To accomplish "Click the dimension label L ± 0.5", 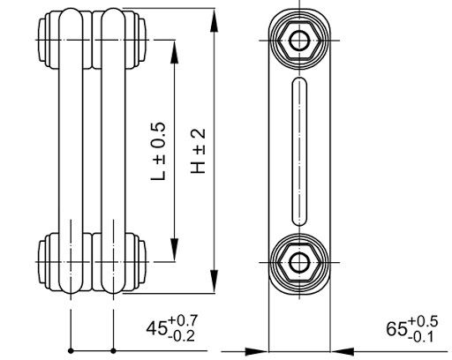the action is coord(158,151).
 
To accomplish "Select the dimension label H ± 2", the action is coord(198,151).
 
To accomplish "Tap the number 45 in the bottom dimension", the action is coord(156,328).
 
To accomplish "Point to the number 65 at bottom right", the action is coord(396,329).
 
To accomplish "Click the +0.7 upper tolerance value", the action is coord(183,321).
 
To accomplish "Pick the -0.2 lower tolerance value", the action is coord(182,336).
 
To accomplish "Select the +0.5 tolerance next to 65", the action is coord(423,321).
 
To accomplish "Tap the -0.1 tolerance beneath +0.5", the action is coord(421,337).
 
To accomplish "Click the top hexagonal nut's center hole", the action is coord(299,41).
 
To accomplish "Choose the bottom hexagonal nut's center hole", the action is coord(299,262).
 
